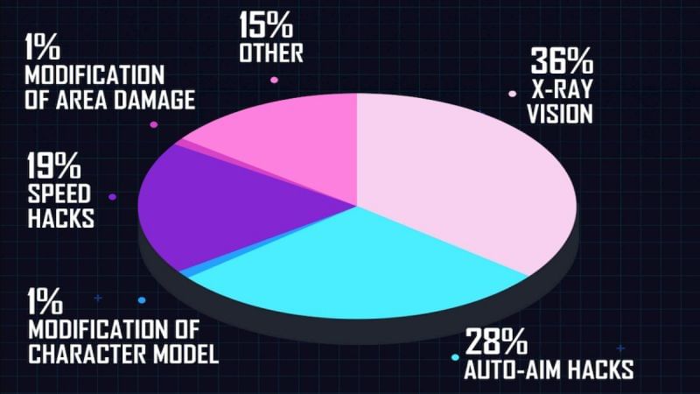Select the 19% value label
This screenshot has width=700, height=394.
[x=54, y=165]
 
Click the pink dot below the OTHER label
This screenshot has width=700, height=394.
[x=275, y=81]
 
